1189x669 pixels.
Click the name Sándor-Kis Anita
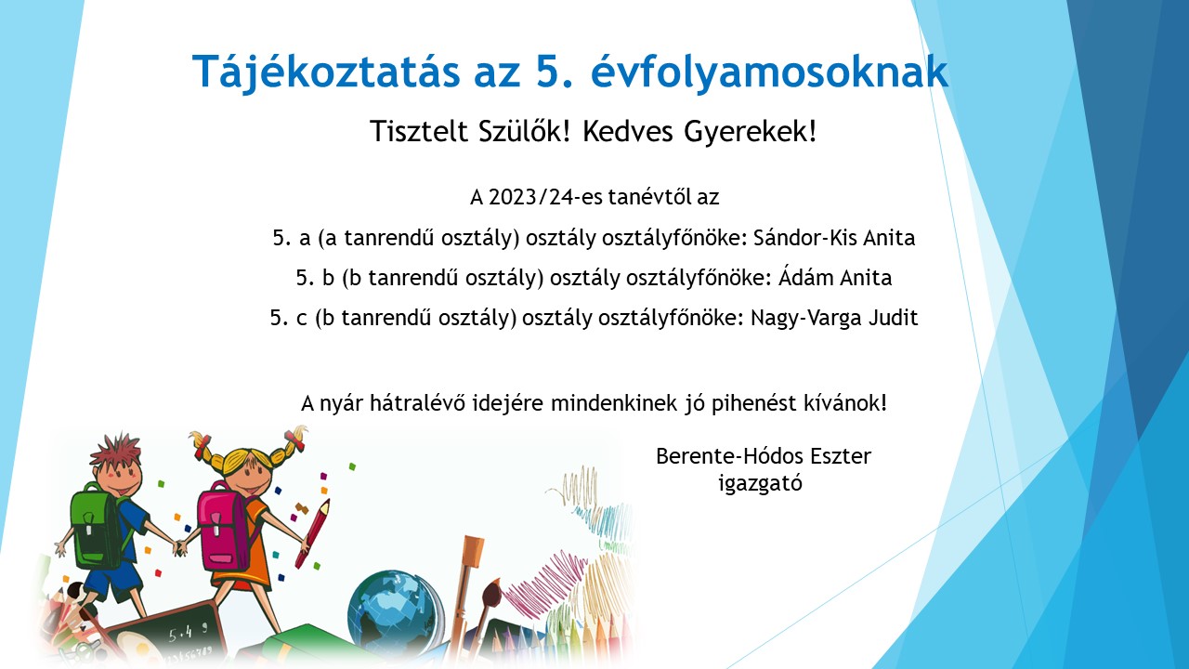[x=834, y=238]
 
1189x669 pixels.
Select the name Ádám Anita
[x=835, y=277]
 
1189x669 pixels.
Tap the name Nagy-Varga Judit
[x=834, y=318]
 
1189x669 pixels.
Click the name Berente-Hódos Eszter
[x=764, y=456]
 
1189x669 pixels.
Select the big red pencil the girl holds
[x=313, y=533]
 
